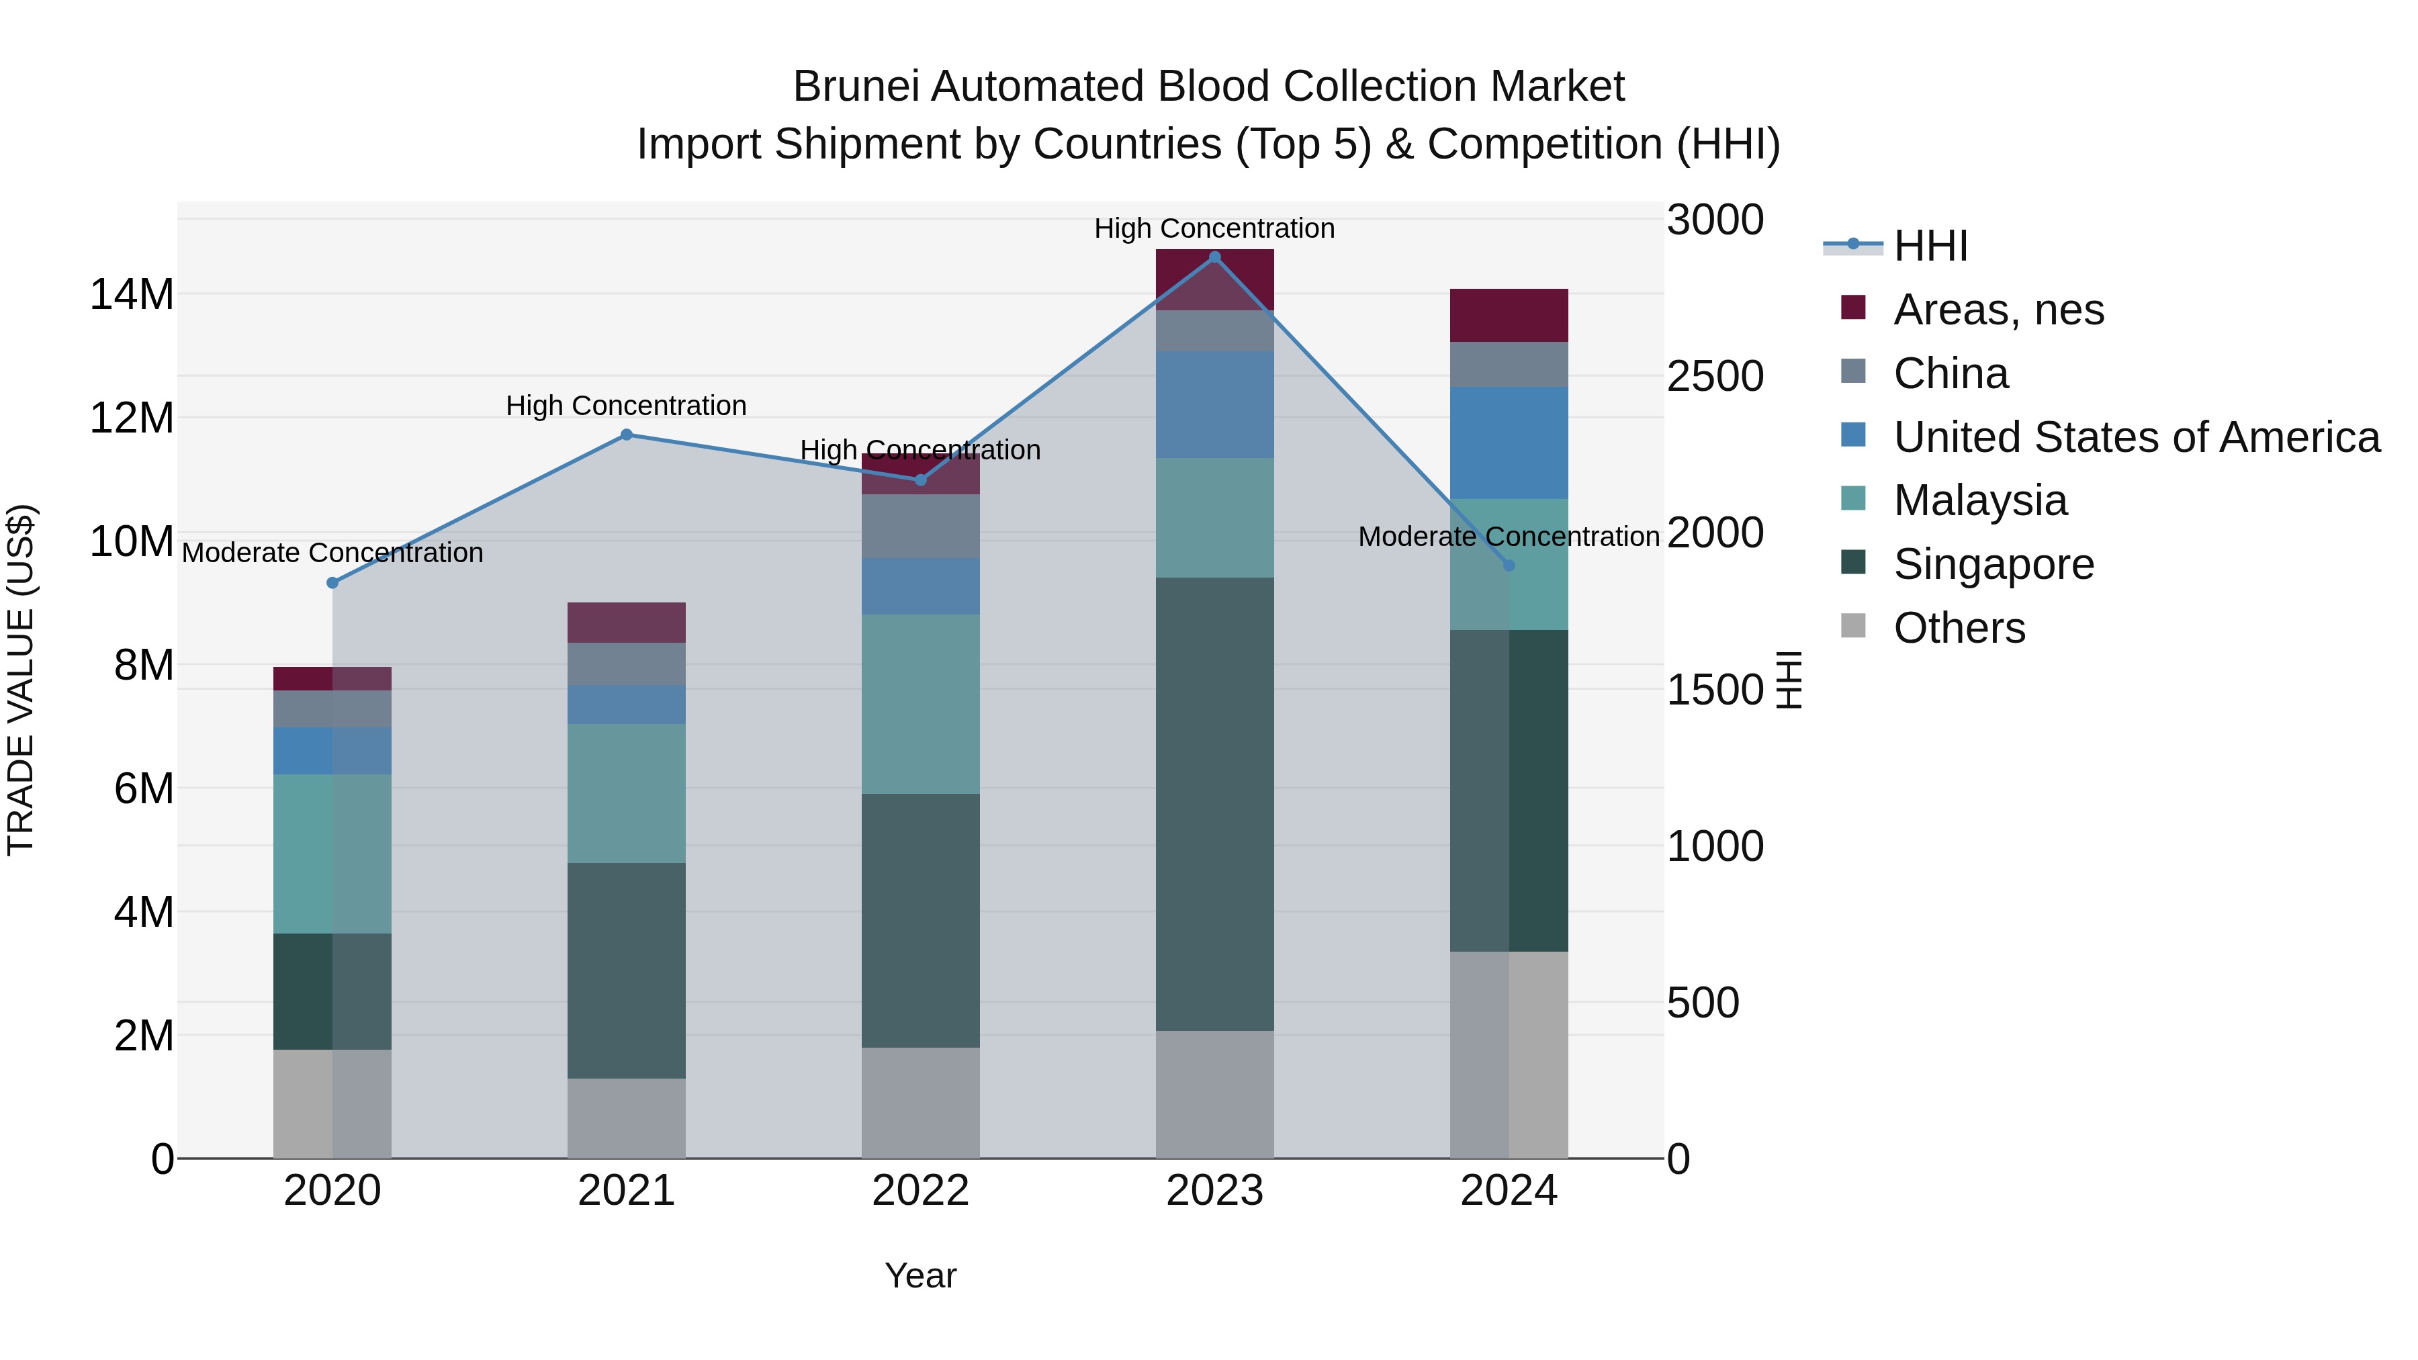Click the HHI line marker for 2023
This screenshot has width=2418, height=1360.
coord(1214,257)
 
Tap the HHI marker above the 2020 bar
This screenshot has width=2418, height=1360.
coord(332,583)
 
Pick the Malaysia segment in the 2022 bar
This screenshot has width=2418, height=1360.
coord(920,704)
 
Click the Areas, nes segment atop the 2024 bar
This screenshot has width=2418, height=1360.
coord(1509,316)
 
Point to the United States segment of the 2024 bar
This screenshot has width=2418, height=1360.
coord(1509,443)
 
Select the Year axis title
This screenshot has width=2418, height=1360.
coord(920,1275)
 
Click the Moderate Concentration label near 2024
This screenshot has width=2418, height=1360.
coord(1509,537)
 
